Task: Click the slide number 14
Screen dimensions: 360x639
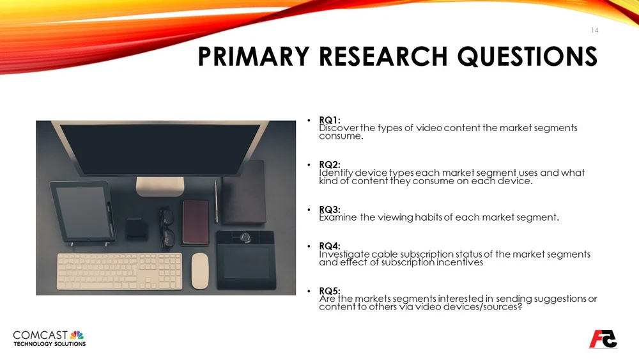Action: point(594,30)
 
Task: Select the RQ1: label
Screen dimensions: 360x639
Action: point(330,120)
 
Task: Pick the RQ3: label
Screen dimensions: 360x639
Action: point(330,209)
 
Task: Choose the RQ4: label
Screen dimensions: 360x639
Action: point(330,246)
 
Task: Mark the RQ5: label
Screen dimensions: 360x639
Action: point(330,291)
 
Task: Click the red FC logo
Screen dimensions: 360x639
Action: point(603,338)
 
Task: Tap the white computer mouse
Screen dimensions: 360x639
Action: point(201,270)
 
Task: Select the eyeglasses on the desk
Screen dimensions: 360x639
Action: point(167,227)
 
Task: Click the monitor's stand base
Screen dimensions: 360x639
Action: point(160,185)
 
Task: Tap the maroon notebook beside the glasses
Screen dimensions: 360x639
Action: point(196,222)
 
